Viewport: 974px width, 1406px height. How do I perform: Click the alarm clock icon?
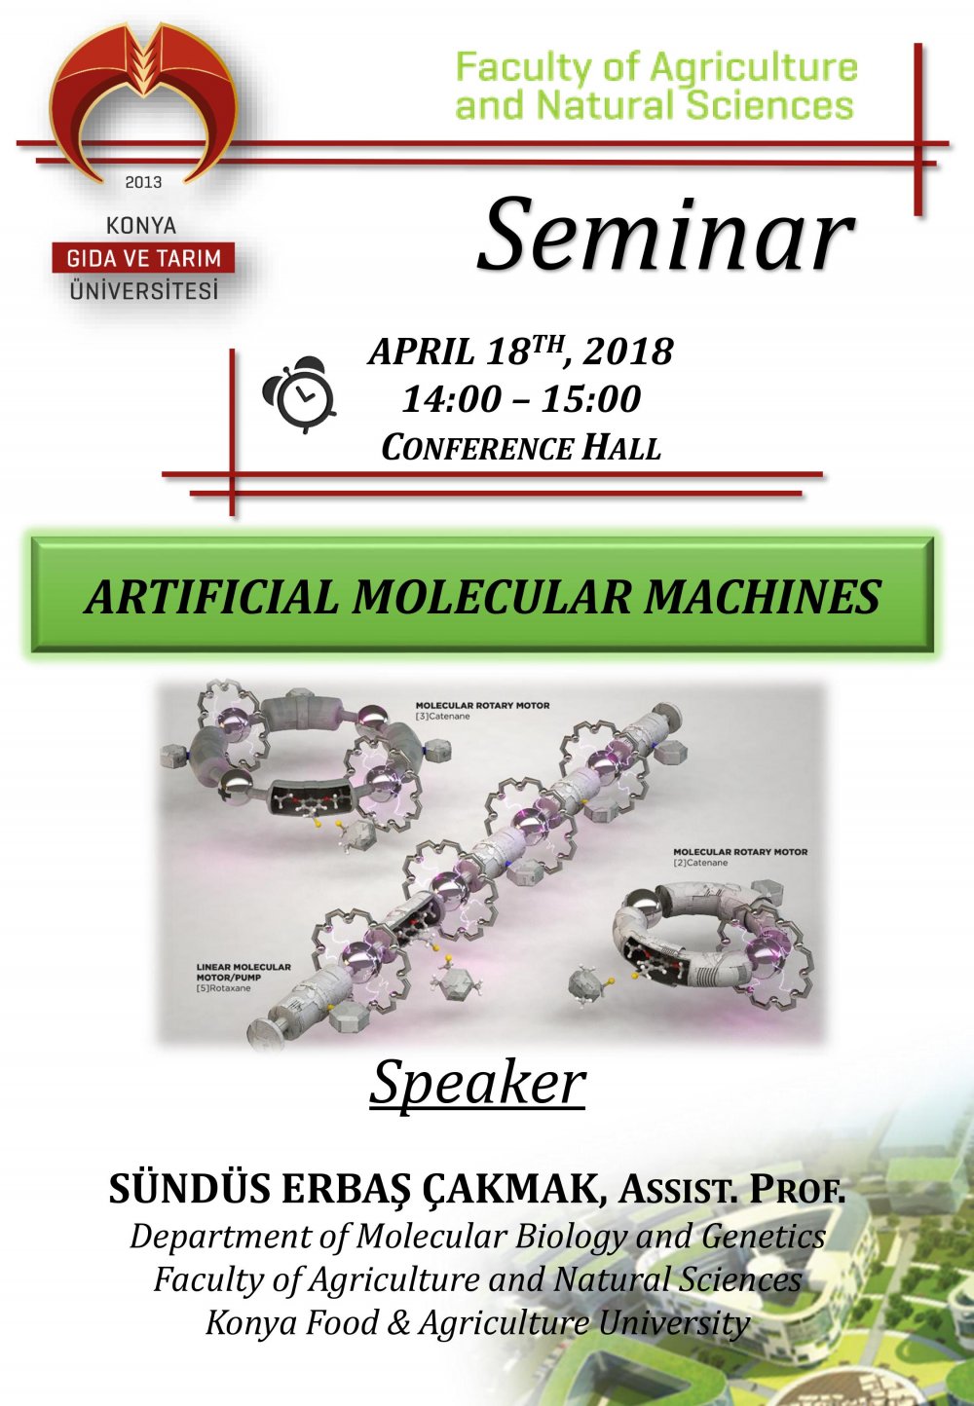pos(299,394)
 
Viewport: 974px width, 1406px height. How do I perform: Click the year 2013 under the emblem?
pos(143,182)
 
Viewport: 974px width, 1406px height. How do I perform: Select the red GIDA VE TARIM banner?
pos(143,258)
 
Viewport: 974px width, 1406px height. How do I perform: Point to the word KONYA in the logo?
pos(141,226)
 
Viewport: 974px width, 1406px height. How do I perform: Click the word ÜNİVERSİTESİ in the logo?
pos(144,290)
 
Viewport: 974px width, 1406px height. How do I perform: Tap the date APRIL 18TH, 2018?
pos(520,351)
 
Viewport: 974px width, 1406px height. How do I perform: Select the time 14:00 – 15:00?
pos(521,398)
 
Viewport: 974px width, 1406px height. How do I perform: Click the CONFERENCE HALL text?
pos(521,448)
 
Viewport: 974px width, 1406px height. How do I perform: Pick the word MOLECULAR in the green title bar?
pos(492,597)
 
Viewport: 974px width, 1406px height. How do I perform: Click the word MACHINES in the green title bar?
pos(763,597)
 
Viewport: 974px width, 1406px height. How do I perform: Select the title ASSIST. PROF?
pos(732,1189)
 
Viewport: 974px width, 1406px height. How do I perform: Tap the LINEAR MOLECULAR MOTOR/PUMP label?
pos(243,972)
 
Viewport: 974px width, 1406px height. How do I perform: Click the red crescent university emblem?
pos(143,97)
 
